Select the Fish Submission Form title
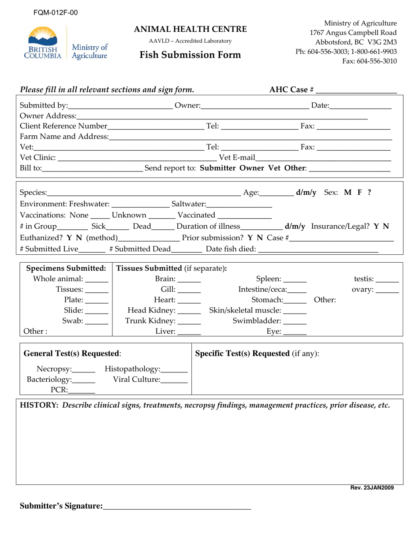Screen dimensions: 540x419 tap(191, 55)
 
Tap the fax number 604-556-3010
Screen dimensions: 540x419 tap(369, 61)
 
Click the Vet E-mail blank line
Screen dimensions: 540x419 tap(323, 158)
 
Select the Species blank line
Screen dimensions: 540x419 tap(144, 194)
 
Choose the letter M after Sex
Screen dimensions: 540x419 tap(348, 193)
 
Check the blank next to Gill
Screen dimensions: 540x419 tap(189, 290)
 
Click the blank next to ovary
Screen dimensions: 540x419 tap(387, 290)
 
